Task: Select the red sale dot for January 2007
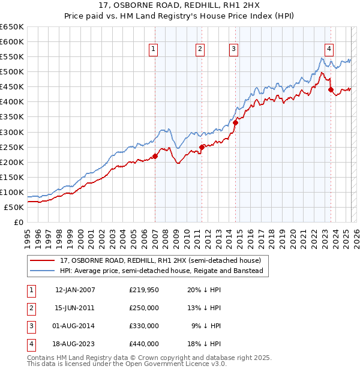click(x=155, y=156)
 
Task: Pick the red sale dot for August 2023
click(x=331, y=90)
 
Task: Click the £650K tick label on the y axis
click(x=12, y=27)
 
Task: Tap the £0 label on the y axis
click(x=19, y=223)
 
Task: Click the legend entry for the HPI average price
click(x=161, y=271)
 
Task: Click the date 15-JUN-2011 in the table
click(x=75, y=308)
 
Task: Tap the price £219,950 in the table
click(x=144, y=290)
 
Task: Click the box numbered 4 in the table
click(x=31, y=344)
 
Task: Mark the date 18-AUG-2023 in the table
click(x=75, y=344)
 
